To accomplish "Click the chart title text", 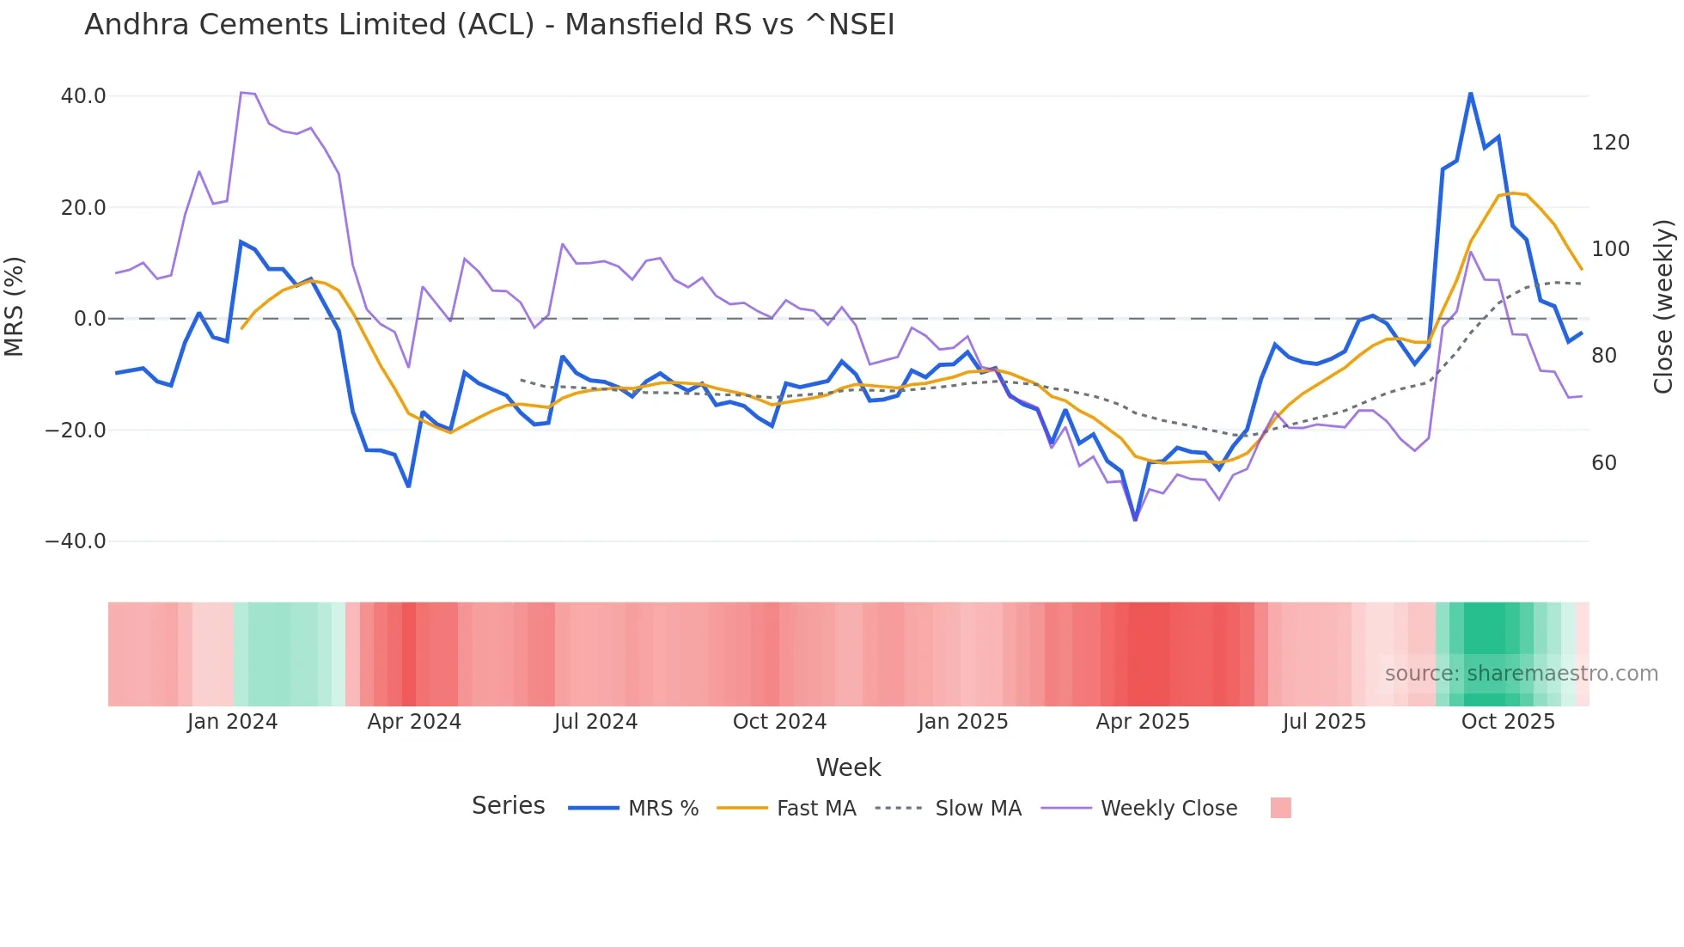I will pos(489,25).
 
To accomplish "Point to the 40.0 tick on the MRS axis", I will pos(83,96).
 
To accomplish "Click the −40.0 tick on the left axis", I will pos(76,541).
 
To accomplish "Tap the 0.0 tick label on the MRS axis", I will pos(89,319).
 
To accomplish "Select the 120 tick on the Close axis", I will pos(1610,143).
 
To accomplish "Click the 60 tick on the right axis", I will pos(1603,463).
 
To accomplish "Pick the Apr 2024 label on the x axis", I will pos(414,722).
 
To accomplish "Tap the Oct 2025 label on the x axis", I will pos(1508,722).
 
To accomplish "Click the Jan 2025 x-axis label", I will pos(962,722).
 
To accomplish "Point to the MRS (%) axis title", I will pos(15,306).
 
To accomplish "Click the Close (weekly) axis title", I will pos(1663,306).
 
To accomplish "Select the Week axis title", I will pos(848,767).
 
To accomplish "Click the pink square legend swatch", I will pos(1280,808).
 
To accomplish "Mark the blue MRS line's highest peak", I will pos(1470,93).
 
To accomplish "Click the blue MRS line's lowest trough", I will pos(1135,519).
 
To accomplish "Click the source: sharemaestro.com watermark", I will pos(1521,674).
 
